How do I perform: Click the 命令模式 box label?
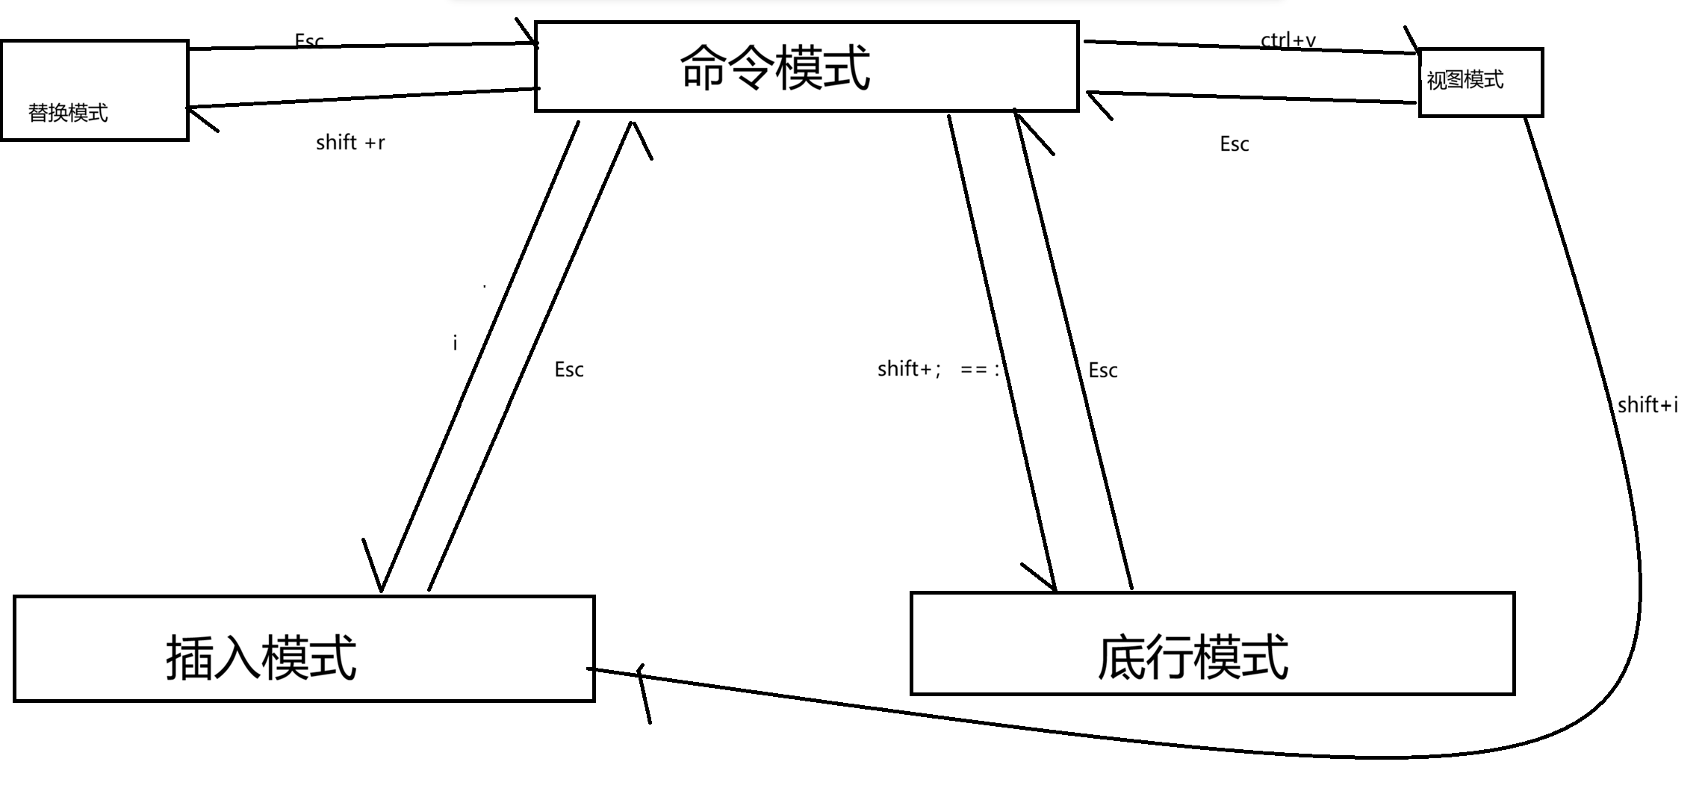(x=775, y=67)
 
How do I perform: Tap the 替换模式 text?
(x=68, y=113)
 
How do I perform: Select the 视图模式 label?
(x=1465, y=80)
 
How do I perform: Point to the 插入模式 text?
(x=261, y=657)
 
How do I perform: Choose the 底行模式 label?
(x=1193, y=657)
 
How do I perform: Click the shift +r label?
(x=350, y=143)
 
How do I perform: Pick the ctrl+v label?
(x=1288, y=40)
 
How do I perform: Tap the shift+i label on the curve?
(x=1647, y=405)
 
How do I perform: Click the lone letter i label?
(x=455, y=343)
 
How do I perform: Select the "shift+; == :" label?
(x=938, y=369)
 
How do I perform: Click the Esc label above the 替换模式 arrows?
(x=309, y=40)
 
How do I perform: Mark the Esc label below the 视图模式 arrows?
(x=1234, y=144)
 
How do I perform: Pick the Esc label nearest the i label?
(x=568, y=370)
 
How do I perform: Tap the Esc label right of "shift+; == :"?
(x=1102, y=370)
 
